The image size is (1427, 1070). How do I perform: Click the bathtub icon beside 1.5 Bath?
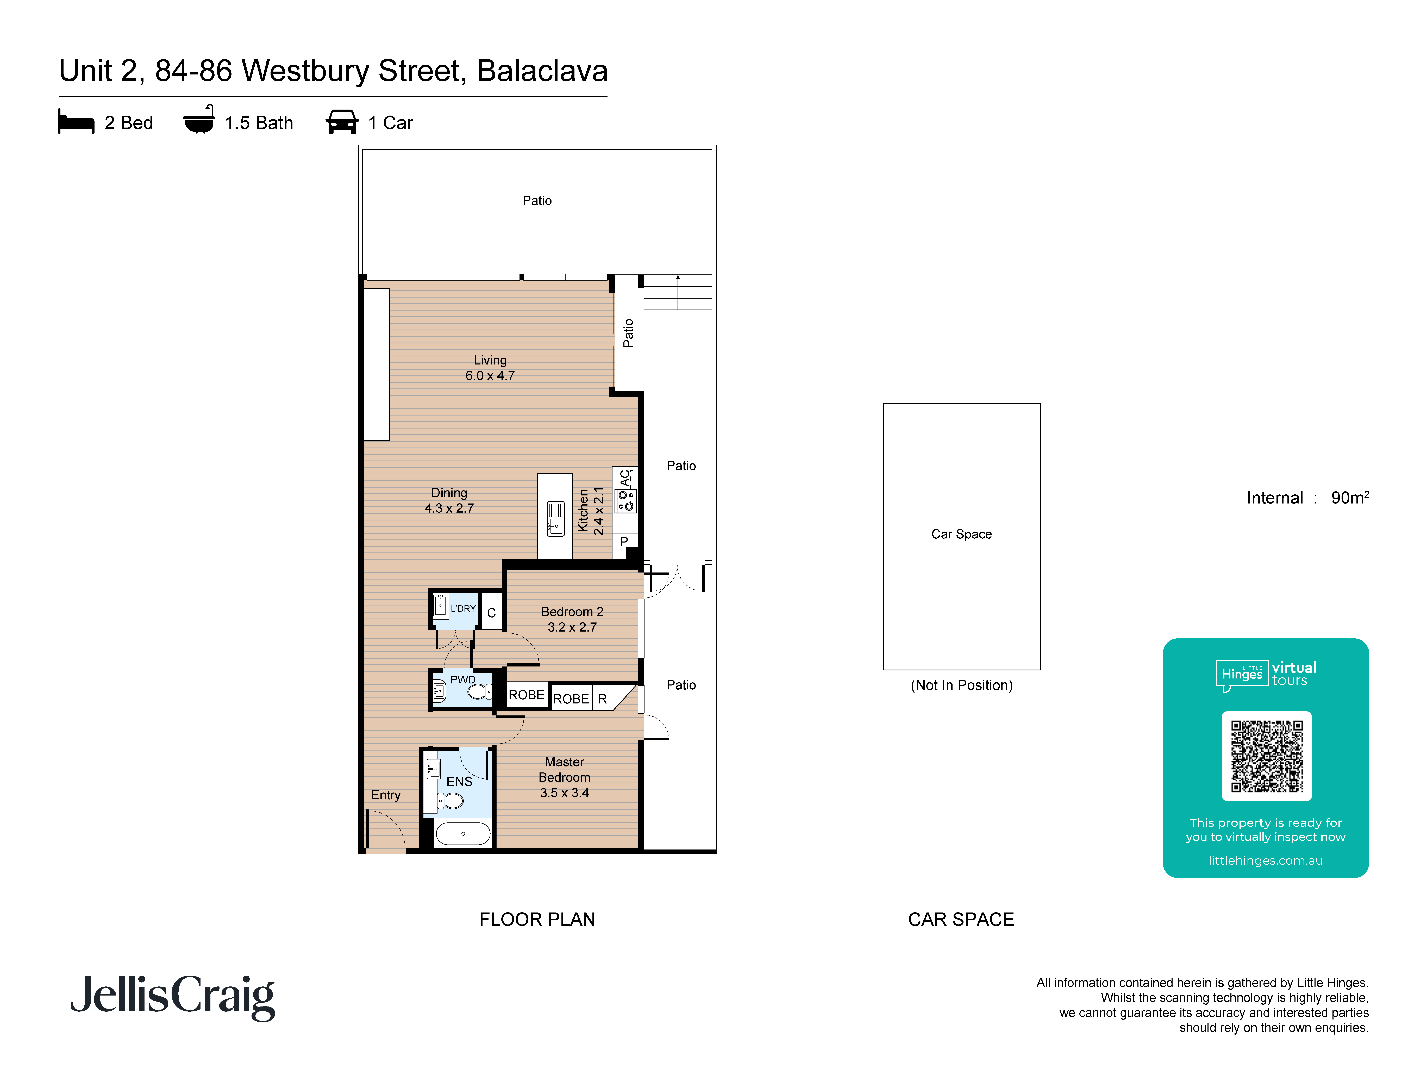(x=199, y=121)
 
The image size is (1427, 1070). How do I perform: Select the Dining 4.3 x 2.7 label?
(x=449, y=500)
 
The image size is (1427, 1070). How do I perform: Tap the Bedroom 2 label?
(x=572, y=619)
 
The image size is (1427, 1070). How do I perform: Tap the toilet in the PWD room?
(x=479, y=692)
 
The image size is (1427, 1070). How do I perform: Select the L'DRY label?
(x=462, y=608)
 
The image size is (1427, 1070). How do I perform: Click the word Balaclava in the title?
(x=542, y=71)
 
